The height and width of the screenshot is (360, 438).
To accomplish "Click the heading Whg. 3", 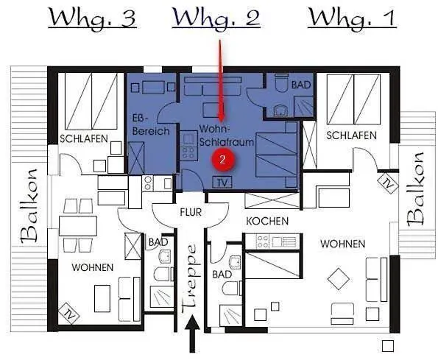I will pos(92,18).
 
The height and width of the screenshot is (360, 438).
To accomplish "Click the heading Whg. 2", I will pos(217,18).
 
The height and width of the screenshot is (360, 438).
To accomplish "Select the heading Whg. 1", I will pos(352,18).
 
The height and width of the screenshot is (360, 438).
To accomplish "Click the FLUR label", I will pos(190,212).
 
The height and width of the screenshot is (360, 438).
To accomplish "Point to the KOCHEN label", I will pos(267,221).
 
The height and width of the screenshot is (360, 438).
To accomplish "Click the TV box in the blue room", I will pos(222,182).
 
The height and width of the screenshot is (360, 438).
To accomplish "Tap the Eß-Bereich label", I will pos(150,124).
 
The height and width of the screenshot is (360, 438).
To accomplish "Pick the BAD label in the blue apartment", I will pos(301,85).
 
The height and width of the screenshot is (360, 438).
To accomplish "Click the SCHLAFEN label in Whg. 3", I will pos(84,139).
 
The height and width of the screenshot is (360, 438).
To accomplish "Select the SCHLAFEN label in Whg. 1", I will pos(351,135).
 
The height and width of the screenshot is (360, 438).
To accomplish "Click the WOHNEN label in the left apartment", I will pos(92,268).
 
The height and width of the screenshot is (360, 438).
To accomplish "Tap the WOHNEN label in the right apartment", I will pos(342,244).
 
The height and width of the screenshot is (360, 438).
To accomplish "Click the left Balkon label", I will pos(29,205).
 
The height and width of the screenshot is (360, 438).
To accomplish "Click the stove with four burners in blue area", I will pos(187,153).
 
